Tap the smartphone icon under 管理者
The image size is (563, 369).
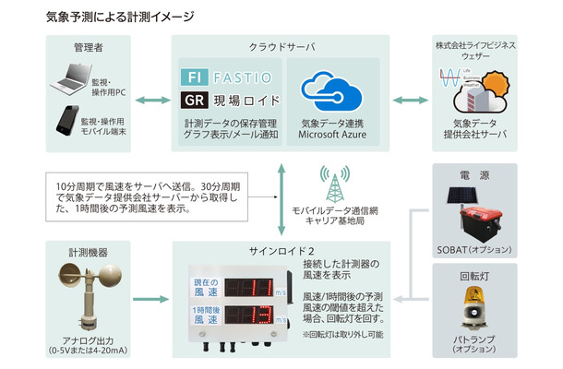66,123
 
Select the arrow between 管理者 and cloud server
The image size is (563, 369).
150,101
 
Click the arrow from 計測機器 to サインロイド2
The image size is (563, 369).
150,300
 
